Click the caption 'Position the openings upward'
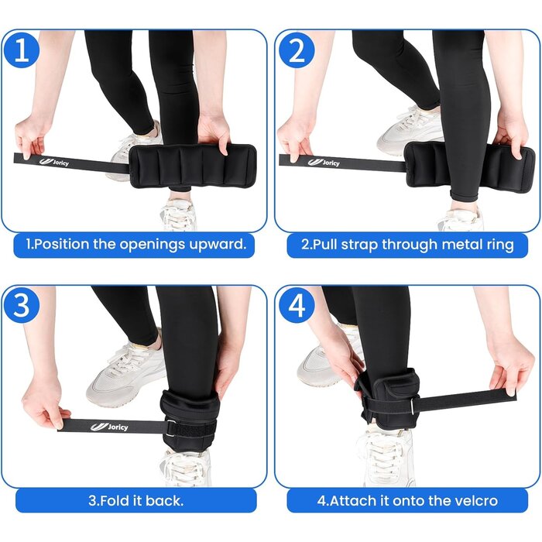136,245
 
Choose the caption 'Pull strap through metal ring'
406,245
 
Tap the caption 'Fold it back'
136,500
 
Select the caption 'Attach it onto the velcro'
406,500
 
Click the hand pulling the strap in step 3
43,403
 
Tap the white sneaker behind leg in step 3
124,372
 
